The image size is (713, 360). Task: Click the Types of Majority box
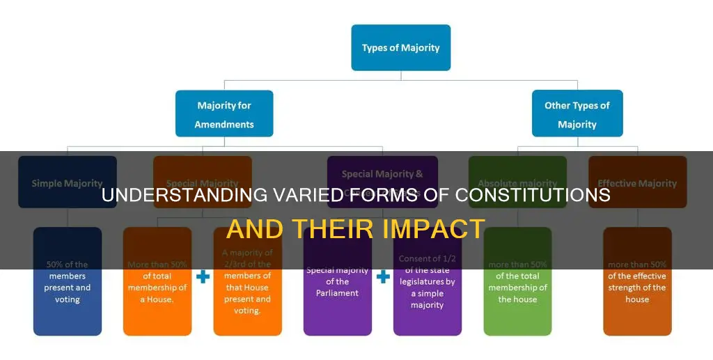[400, 47]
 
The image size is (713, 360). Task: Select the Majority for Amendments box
[224, 114]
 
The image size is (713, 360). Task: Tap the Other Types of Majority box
[577, 114]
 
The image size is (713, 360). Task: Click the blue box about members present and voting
[67, 282]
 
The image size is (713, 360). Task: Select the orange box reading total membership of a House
[157, 282]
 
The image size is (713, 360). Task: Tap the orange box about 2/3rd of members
[247, 282]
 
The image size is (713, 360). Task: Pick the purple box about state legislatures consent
[427, 282]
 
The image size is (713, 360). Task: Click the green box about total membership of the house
[517, 282]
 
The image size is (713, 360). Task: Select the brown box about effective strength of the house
[637, 282]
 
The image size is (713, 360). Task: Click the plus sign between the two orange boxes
[203, 277]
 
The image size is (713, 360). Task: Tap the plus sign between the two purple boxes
[382, 277]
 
